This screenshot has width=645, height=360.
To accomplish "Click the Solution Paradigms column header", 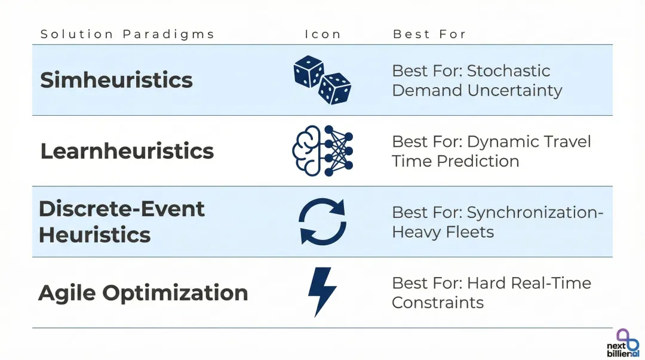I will (x=127, y=34).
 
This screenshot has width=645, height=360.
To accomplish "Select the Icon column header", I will (x=322, y=34).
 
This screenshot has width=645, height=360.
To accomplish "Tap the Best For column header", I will (x=429, y=34).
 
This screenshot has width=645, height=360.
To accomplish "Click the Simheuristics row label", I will (x=116, y=80).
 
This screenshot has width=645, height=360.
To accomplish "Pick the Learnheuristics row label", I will (x=127, y=151).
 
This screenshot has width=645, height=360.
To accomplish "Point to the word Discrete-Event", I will (x=122, y=209).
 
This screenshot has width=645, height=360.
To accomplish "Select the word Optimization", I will (x=175, y=293).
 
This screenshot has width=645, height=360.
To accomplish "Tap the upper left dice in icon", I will (x=308, y=72).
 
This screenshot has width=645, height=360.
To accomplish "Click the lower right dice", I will (x=334, y=89).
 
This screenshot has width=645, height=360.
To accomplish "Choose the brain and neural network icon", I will (x=322, y=151).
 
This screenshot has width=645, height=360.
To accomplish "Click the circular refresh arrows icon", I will (x=322, y=222).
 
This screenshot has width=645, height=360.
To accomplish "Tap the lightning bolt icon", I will (x=321, y=291).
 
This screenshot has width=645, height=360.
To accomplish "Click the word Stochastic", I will (x=508, y=71).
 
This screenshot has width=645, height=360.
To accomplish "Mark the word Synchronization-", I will (x=535, y=213).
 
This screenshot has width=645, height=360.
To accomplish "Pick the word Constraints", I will (x=438, y=303).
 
